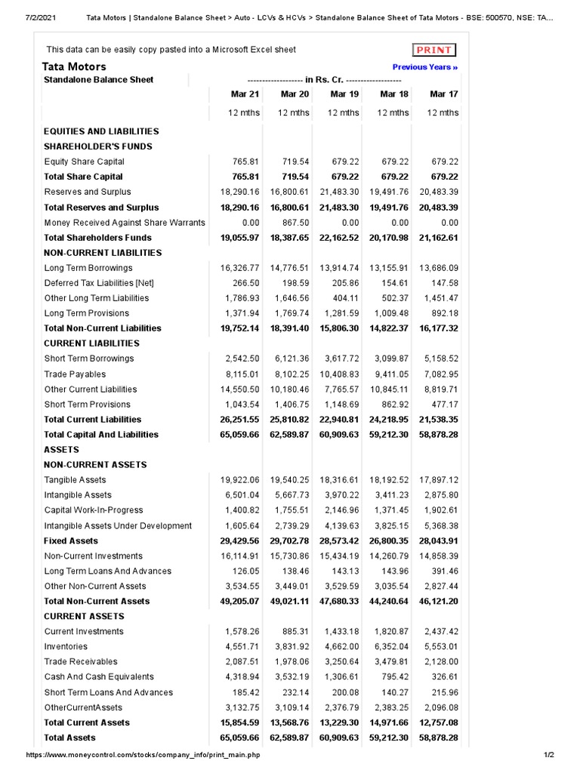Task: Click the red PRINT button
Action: pyautogui.click(x=434, y=50)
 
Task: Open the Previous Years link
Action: pyautogui.click(x=425, y=67)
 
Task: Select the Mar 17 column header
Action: pyautogui.click(x=443, y=94)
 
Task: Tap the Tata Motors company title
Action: pyautogui.click(x=74, y=66)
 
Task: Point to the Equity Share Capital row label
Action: pyautogui.click(x=85, y=162)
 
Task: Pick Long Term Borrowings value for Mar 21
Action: pyautogui.click(x=239, y=268)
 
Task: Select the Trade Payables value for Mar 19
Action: pyautogui.click(x=339, y=374)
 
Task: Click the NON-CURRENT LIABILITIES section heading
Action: pyautogui.click(x=103, y=253)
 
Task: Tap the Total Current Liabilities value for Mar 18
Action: pyautogui.click(x=389, y=420)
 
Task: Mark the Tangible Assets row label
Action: pyautogui.click(x=76, y=480)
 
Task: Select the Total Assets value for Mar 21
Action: pyautogui.click(x=239, y=738)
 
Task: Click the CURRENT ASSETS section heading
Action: pyautogui.click(x=83, y=617)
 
